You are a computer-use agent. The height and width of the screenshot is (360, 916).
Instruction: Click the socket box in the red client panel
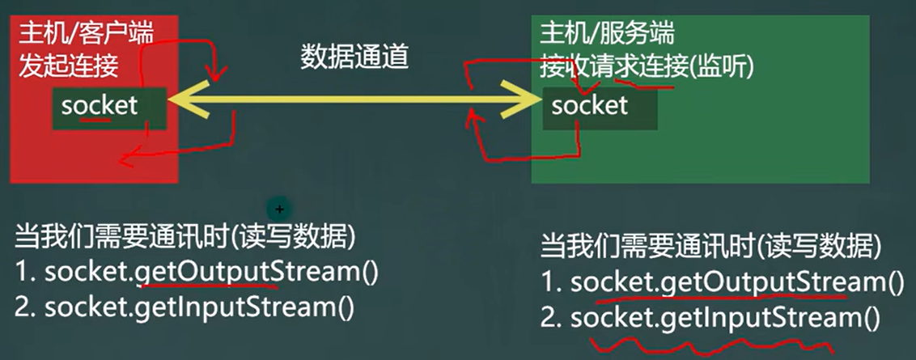point(108,106)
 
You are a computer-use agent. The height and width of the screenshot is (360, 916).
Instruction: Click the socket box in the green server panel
point(600,106)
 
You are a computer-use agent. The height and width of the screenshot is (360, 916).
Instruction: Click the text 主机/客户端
point(86,33)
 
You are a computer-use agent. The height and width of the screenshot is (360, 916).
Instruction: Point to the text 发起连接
point(69,66)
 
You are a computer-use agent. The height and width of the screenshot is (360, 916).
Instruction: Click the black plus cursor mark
point(279,209)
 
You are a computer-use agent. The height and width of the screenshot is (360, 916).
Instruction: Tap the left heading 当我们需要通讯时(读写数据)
point(184,236)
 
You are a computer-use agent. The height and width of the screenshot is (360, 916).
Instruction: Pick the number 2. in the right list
point(552,318)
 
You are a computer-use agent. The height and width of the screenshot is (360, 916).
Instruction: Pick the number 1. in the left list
point(25,273)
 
